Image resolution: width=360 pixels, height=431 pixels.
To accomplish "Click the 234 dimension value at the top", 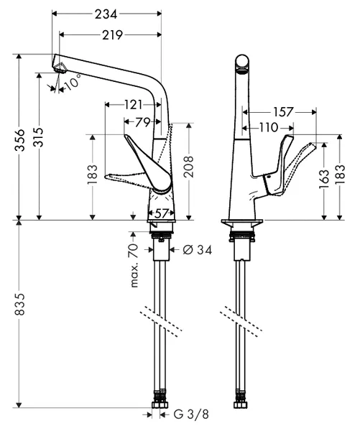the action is tap(106, 14).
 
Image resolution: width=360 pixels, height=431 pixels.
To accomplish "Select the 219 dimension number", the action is tap(113, 35).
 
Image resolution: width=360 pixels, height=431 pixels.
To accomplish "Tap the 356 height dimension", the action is tap(19, 139).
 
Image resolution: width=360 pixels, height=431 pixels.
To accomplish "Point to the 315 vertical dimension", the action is tap(39, 137).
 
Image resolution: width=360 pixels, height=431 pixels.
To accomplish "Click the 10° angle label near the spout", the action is tap(73, 82).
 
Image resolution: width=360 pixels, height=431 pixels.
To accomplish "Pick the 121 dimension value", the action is tap(134, 105).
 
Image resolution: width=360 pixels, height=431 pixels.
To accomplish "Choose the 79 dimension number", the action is tap(143, 122).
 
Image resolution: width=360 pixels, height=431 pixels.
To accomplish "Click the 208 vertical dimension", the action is tap(189, 167).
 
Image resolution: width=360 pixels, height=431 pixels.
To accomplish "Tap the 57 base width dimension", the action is tap(161, 213).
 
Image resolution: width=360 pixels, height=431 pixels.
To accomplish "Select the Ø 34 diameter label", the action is tap(198, 250).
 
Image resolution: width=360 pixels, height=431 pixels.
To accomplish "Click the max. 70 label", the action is tap(134, 266).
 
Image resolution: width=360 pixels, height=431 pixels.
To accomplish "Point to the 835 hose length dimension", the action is tap(19, 305).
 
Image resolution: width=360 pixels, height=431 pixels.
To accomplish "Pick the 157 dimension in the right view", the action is tap(284, 112).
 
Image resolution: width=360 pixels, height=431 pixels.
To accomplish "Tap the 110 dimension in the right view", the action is tap(269, 128).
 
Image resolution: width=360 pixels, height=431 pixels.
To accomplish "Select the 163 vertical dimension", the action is tap(324, 179).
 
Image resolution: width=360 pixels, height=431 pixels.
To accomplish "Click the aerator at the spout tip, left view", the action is tap(60, 68).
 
